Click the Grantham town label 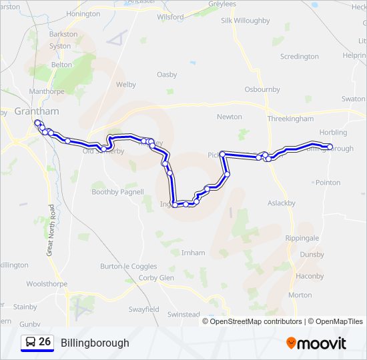40,111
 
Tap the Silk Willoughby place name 246,21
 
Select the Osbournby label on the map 262,89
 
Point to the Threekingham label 290,118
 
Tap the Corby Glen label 156,277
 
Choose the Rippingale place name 302,238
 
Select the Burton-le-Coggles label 129,266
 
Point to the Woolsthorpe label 47,283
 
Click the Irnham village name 193,253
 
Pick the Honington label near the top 83,13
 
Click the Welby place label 126,85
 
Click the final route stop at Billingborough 329,147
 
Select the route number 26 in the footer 45,342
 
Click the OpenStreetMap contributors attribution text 255,321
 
